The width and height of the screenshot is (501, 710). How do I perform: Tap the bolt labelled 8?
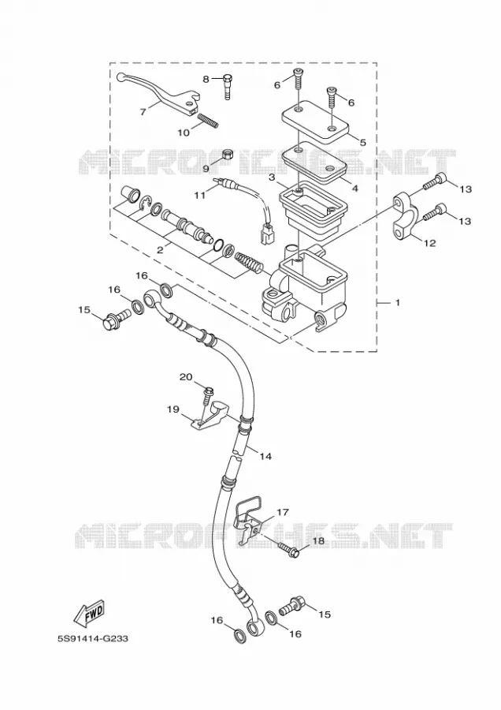pos(227,87)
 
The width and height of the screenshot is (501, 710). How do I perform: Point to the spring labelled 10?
pos(209,121)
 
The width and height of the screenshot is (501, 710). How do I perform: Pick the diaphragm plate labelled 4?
pos(315,161)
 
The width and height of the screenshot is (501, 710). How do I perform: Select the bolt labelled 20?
pos(207,395)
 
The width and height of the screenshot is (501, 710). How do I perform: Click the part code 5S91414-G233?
pos(93,638)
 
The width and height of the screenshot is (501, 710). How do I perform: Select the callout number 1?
pos(398,302)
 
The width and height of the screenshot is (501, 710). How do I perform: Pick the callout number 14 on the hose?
pos(265,456)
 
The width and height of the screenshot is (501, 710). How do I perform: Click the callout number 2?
pos(160,250)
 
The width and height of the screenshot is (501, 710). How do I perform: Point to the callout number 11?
pos(199,195)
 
